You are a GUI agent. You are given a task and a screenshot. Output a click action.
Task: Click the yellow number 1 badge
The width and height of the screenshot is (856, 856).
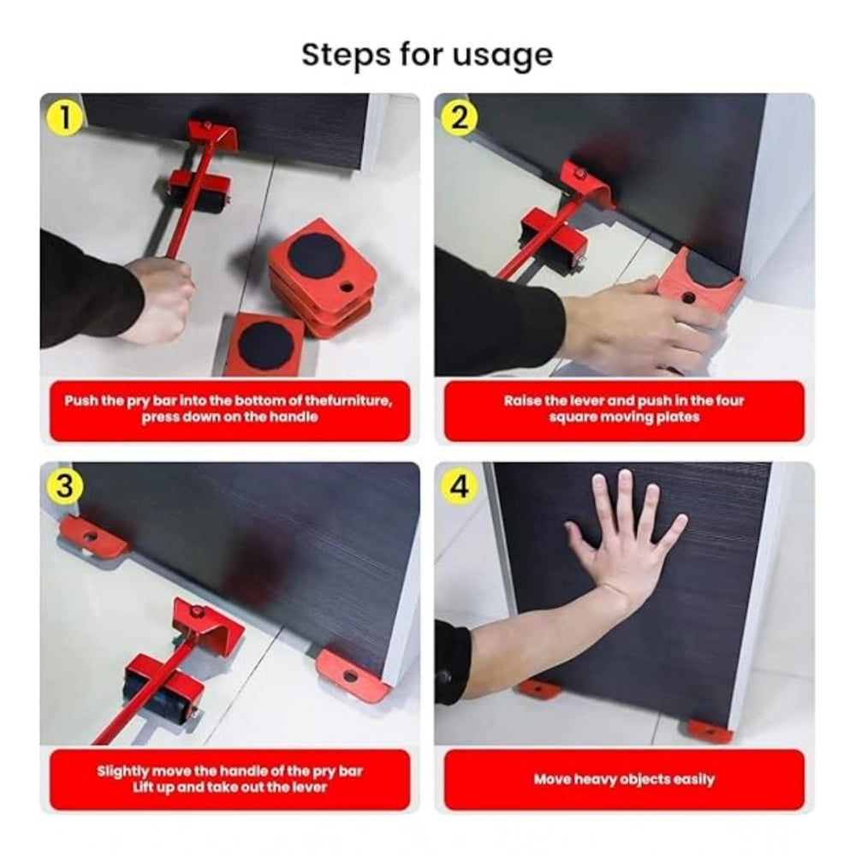[x=66, y=118]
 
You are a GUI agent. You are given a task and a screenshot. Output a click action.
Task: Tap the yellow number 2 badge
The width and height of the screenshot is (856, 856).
[x=460, y=118]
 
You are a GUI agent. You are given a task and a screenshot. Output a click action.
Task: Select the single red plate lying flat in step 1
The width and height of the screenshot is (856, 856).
[x=265, y=344]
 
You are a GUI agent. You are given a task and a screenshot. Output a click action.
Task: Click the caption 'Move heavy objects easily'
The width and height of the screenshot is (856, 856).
[x=623, y=780]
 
